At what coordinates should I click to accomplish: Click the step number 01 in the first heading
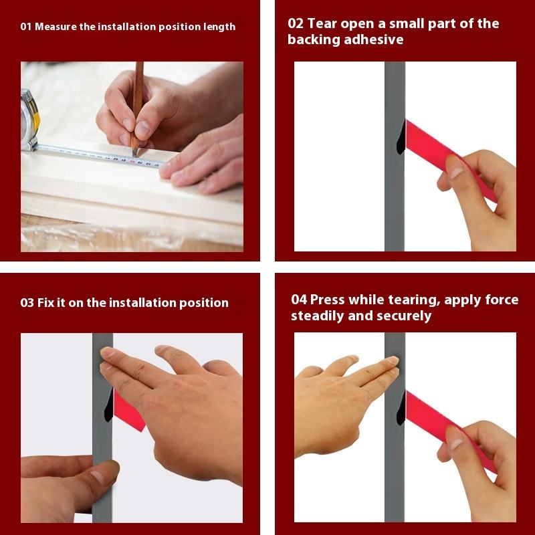[x=25, y=27]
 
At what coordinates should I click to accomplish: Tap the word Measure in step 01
[x=56, y=27]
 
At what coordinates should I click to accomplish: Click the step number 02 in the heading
[x=296, y=23]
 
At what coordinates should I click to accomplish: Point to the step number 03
[x=27, y=303]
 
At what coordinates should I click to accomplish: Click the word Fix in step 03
[x=45, y=303]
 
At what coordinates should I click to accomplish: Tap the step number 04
[x=299, y=300]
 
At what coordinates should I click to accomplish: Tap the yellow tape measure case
[x=30, y=120]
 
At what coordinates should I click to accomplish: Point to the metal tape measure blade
[x=99, y=156]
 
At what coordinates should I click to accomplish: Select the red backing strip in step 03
[x=128, y=412]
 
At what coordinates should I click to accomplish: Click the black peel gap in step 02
[x=401, y=138]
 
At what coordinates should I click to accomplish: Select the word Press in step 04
[x=328, y=300]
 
